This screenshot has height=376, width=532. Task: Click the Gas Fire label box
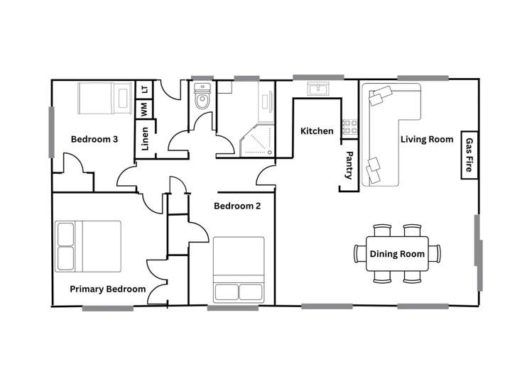click(x=469, y=156)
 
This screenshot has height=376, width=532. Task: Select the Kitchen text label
click(x=317, y=131)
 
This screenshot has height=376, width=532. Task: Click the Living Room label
click(x=426, y=139)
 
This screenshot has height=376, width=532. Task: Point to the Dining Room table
click(x=397, y=253)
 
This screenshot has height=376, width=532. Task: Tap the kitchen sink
click(x=317, y=89)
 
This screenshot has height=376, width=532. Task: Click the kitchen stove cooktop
click(x=349, y=128)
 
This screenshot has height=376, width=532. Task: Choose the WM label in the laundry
click(x=144, y=110)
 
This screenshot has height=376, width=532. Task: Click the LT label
click(x=144, y=89)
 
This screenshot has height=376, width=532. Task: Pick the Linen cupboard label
click(x=145, y=139)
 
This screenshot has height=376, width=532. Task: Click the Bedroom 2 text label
click(x=237, y=206)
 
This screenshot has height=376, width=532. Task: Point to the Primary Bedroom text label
click(x=107, y=289)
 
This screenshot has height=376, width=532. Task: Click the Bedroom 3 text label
click(x=94, y=139)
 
